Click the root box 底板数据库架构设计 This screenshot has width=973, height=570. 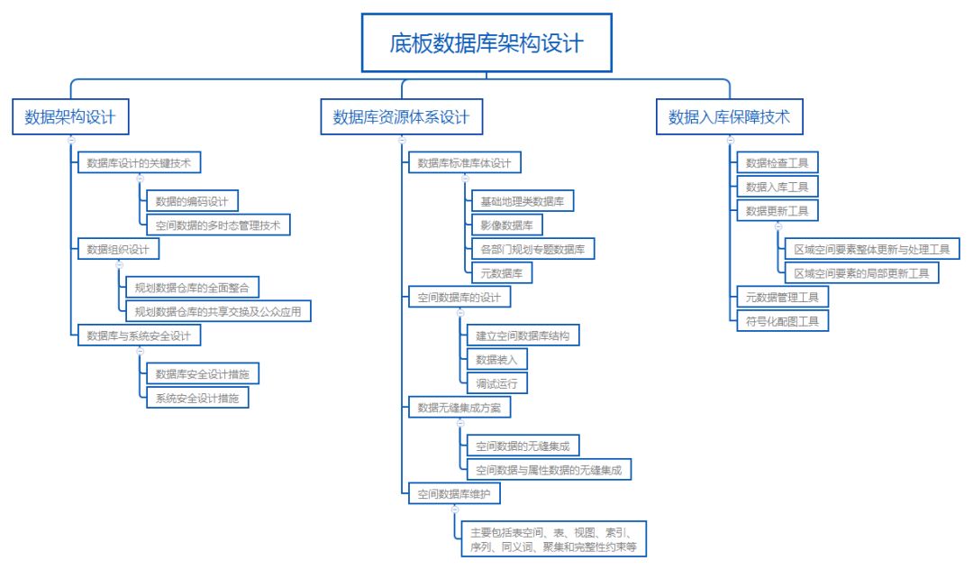(x=486, y=43)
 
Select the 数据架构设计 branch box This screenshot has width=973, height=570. (x=70, y=116)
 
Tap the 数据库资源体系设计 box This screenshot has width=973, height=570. (x=402, y=116)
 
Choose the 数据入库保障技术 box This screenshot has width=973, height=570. (x=729, y=116)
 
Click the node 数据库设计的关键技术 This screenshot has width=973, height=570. (x=139, y=162)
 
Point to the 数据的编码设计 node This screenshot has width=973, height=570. (x=192, y=201)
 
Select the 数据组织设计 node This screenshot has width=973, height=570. (x=118, y=249)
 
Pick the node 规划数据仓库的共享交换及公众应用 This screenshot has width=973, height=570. (x=218, y=311)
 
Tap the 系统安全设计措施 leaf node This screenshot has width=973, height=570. (x=197, y=398)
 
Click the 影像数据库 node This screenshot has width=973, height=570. (x=506, y=225)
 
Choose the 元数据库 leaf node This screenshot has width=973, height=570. (x=502, y=273)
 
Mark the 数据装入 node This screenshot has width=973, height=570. (x=496, y=360)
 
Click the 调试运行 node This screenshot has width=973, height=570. (x=496, y=383)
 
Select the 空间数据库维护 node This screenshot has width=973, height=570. (x=453, y=493)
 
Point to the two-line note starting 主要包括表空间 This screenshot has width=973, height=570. (x=553, y=539)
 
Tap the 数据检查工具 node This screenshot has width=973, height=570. (x=777, y=162)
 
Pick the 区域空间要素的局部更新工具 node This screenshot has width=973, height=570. (x=861, y=273)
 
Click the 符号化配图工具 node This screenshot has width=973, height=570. (x=782, y=321)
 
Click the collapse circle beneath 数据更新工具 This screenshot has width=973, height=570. (x=778, y=226)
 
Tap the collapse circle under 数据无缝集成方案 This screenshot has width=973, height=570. (x=460, y=424)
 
